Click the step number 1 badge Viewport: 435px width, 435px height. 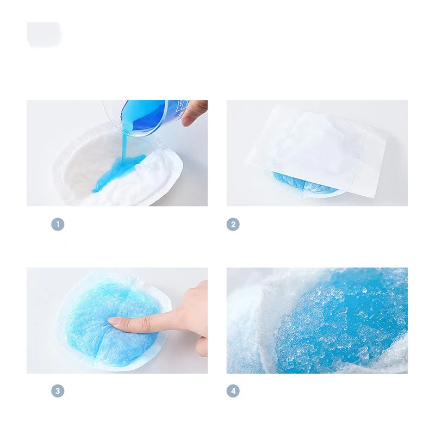click(x=58, y=224)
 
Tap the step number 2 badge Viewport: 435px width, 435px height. click(x=233, y=224)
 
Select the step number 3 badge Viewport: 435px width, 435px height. click(x=58, y=391)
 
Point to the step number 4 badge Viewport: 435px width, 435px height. click(x=233, y=391)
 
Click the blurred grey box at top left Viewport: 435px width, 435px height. click(x=44, y=34)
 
